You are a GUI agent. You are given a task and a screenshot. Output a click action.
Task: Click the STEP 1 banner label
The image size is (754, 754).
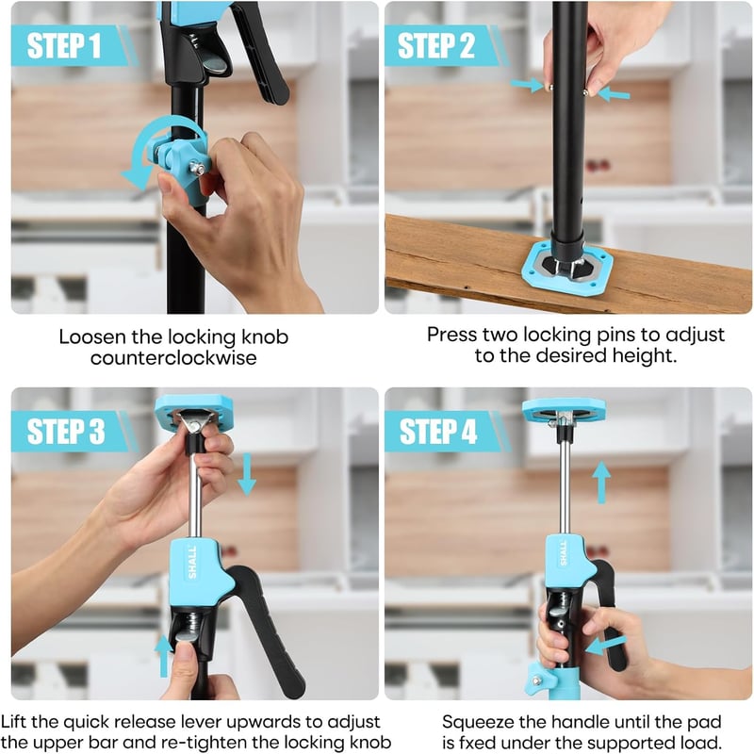(64, 45)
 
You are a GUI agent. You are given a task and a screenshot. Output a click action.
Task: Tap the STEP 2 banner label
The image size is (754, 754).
(436, 45)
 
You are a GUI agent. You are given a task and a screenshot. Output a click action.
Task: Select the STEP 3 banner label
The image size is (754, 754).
(66, 431)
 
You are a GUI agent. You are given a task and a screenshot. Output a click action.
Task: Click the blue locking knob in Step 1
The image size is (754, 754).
(183, 161)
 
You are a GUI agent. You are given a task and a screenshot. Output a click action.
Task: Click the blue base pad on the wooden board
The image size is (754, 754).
(567, 266)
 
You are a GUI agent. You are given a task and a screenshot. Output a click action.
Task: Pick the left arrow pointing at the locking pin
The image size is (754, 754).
(528, 85)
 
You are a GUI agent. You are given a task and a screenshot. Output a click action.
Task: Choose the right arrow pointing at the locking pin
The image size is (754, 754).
(614, 92)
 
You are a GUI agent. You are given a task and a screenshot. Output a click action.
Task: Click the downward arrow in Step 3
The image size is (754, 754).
(247, 475)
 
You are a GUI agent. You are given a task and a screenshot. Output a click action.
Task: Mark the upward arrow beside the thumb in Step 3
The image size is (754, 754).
(163, 655)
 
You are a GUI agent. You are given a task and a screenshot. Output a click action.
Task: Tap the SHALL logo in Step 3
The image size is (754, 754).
(192, 562)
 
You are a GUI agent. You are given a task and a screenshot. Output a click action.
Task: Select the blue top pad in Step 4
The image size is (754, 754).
(564, 410)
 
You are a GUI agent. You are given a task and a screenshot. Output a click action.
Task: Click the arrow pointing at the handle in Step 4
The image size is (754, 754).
(606, 645)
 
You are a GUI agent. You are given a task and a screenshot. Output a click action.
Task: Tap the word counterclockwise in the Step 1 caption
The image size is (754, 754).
(173, 358)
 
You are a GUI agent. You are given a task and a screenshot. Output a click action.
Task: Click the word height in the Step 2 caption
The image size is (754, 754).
(645, 356)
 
